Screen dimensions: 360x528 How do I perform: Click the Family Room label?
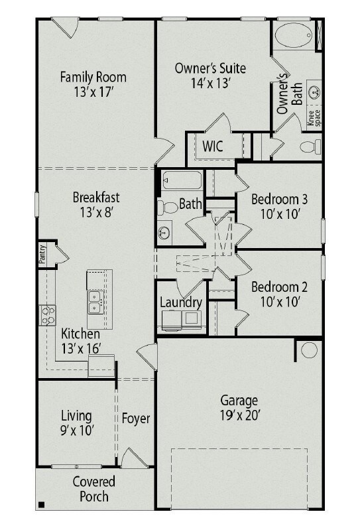point(93,77)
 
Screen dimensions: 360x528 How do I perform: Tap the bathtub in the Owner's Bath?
point(294,35)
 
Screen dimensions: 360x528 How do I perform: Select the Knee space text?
point(314,118)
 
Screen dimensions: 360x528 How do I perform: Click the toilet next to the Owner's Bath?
point(310,147)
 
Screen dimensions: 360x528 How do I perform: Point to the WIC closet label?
point(213,147)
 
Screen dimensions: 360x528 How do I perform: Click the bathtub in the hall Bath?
point(182,180)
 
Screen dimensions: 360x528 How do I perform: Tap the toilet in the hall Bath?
point(168,208)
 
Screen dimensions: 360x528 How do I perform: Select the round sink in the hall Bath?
point(164,232)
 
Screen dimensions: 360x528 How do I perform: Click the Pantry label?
point(42,254)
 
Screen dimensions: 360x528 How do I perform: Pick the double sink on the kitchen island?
point(95,302)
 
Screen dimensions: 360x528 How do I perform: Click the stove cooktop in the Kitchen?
point(48,315)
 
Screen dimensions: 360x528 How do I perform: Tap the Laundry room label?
point(181,302)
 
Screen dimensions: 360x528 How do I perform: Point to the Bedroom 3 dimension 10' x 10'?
point(280,214)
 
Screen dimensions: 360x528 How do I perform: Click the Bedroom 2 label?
point(279,287)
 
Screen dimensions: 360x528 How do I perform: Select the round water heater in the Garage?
point(309,350)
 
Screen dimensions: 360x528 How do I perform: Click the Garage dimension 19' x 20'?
point(239,415)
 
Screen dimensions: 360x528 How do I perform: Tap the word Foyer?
point(136,419)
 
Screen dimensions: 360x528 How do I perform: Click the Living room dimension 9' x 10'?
point(76,430)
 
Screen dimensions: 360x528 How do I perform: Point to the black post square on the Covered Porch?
point(41,504)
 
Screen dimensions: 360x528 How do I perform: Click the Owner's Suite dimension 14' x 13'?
point(210,83)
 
